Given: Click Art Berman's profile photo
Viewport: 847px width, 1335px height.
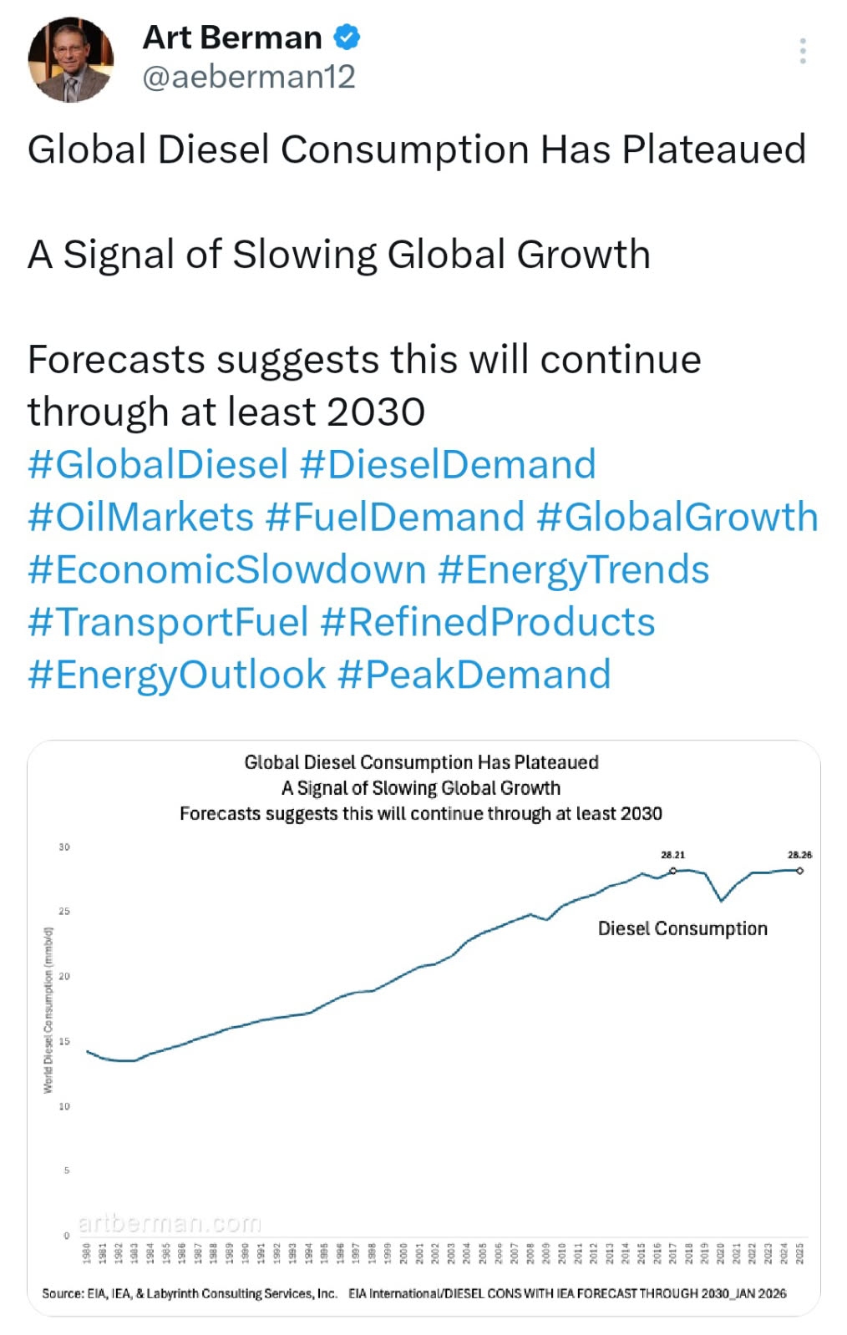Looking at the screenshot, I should pyautogui.click(x=70, y=60).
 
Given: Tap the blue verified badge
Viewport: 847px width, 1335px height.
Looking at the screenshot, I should pyautogui.click(x=347, y=38).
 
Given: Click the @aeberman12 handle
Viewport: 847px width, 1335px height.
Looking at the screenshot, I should pyautogui.click(x=249, y=77).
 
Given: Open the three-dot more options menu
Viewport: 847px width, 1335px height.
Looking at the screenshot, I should pyautogui.click(x=802, y=51).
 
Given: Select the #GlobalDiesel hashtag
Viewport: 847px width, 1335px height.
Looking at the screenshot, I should pyautogui.click(x=158, y=464).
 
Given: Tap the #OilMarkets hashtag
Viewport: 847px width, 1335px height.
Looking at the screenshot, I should pyautogui.click(x=140, y=517).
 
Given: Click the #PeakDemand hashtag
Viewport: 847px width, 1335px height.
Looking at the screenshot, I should pyautogui.click(x=474, y=675).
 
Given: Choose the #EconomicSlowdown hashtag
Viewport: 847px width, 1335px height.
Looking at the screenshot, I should pyautogui.click(x=226, y=569).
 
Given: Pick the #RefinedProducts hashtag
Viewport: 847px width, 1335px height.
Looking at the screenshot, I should pyautogui.click(x=488, y=622).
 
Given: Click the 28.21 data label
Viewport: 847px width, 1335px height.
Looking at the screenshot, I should pyautogui.click(x=672, y=855).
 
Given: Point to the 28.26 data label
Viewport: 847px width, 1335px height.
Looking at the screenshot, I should pyautogui.click(x=799, y=855).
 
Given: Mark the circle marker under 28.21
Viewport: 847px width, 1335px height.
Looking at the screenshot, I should pyautogui.click(x=673, y=871).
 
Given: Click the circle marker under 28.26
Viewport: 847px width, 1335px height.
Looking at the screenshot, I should pyautogui.click(x=799, y=871).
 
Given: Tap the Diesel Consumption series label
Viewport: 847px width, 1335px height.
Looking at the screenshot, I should pyautogui.click(x=682, y=928).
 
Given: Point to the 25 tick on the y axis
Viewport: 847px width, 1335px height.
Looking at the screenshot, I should pyautogui.click(x=64, y=911).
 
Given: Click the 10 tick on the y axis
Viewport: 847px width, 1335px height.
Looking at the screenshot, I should pyautogui.click(x=64, y=1106).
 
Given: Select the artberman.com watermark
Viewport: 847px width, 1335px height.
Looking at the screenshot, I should pyautogui.click(x=170, y=1223).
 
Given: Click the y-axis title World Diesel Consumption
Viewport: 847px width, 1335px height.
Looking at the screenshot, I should pyautogui.click(x=48, y=1009).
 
